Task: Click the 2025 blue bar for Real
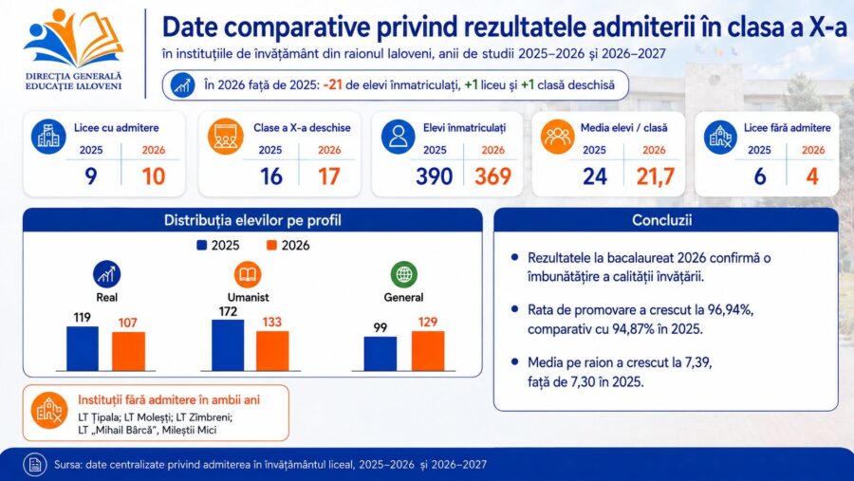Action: point(83,348)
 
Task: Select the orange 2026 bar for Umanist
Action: point(272,351)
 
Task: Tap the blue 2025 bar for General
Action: point(381,354)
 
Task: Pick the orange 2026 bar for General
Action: point(428,351)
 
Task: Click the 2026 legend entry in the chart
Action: point(288,246)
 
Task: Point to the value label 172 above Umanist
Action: point(228,311)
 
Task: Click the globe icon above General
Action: point(403,274)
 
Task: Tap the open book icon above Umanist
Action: point(248,274)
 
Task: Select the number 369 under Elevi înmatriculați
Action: point(492,176)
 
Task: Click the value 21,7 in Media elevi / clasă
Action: point(655,176)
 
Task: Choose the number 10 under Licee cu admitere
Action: point(153,176)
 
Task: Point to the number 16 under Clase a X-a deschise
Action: point(270,176)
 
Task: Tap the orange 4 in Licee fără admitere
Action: point(812,176)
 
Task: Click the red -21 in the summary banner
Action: point(332,85)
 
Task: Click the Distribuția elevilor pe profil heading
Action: point(252,220)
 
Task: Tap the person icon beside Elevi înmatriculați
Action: point(399,137)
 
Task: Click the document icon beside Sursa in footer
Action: point(35,464)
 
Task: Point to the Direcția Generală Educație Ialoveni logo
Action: point(73,49)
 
